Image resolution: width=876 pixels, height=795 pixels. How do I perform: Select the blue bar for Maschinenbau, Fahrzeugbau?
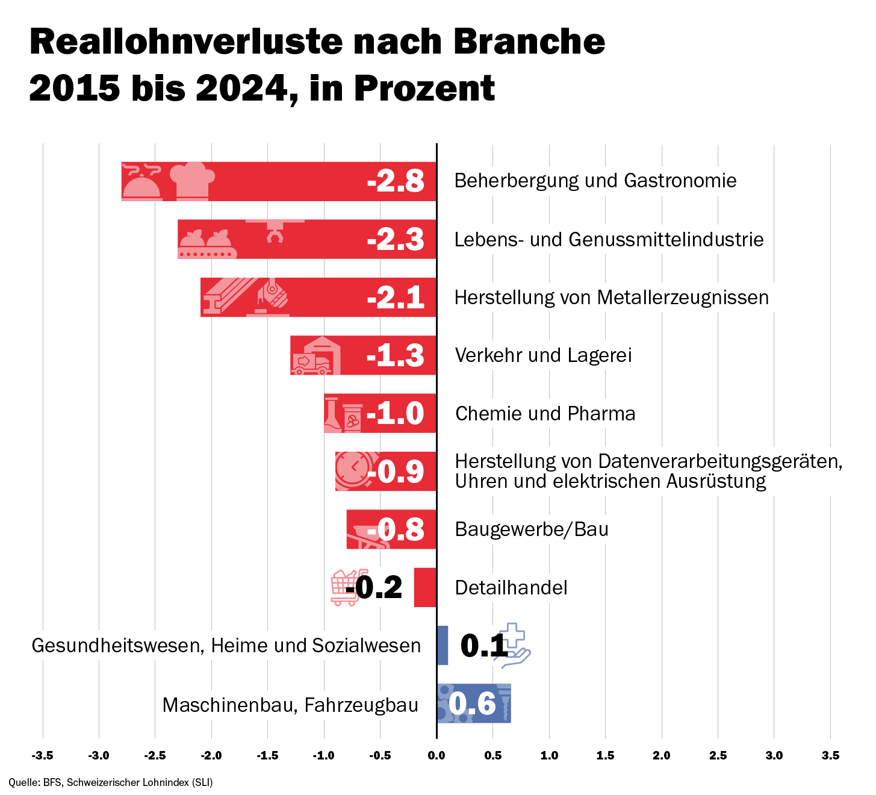tap(474, 703)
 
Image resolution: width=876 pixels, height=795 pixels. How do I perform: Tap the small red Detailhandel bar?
tap(425, 587)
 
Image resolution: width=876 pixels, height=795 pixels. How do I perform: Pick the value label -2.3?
tap(396, 240)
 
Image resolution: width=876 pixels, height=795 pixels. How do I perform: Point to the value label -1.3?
tap(396, 356)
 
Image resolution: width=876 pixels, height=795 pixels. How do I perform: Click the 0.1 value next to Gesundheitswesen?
tap(483, 646)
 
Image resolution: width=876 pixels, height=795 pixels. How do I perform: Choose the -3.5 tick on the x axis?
tap(42, 756)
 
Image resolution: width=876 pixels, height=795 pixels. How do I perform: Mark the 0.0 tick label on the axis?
tap(436, 756)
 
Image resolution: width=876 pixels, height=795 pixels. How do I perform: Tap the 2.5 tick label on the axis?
tap(718, 756)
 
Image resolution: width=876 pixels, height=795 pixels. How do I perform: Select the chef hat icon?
tap(192, 180)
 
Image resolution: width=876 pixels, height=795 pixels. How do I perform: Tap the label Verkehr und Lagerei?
tap(543, 355)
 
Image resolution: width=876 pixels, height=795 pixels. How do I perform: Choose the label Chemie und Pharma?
tap(545, 414)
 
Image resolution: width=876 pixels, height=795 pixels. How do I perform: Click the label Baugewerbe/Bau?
tap(532, 529)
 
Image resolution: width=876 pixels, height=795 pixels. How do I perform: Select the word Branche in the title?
tap(529, 42)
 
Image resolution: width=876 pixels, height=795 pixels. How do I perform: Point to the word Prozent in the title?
tap(424, 89)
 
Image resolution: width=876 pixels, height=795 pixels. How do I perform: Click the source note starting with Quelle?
tap(111, 782)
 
